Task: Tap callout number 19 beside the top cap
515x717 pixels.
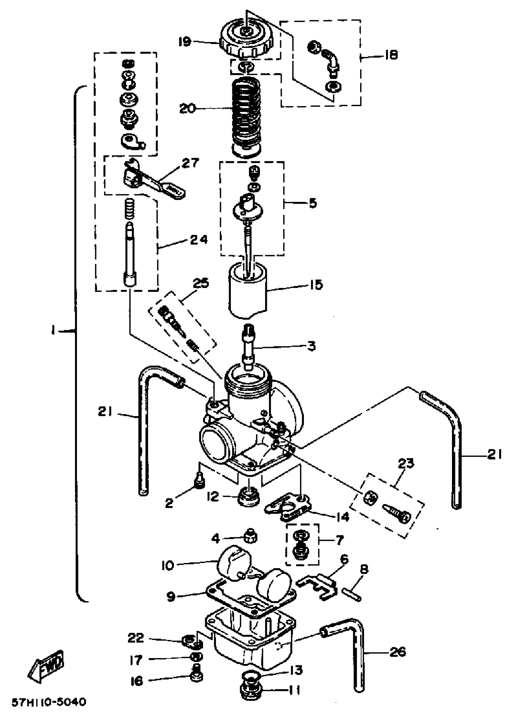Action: [x=185, y=42]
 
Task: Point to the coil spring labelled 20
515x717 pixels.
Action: [x=246, y=117]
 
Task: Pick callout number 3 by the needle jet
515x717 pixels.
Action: [x=311, y=346]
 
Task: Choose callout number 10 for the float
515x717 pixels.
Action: [x=168, y=565]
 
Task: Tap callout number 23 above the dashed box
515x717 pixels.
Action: [x=405, y=464]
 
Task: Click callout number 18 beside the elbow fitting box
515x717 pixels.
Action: [x=390, y=55]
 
